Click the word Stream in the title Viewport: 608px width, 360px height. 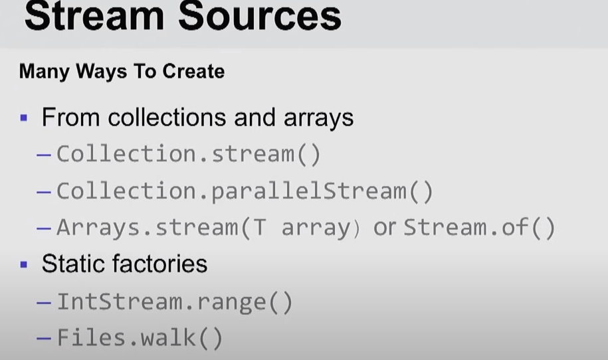tap(93, 16)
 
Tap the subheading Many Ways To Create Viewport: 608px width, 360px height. tap(122, 71)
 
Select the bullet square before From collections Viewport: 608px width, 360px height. tap(24, 119)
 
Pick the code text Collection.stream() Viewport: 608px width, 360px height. tap(188, 154)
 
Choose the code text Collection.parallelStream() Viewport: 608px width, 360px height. tap(245, 191)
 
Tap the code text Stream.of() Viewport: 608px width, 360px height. tap(479, 228)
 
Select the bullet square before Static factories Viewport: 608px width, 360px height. tap(24, 264)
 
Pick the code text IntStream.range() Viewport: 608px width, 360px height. tap(174, 302)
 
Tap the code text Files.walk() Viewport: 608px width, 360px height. tap(140, 339)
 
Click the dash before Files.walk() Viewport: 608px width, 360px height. tap(44, 339)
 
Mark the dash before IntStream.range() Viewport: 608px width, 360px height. tap(44, 303)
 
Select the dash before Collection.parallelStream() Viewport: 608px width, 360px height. tap(44, 192)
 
